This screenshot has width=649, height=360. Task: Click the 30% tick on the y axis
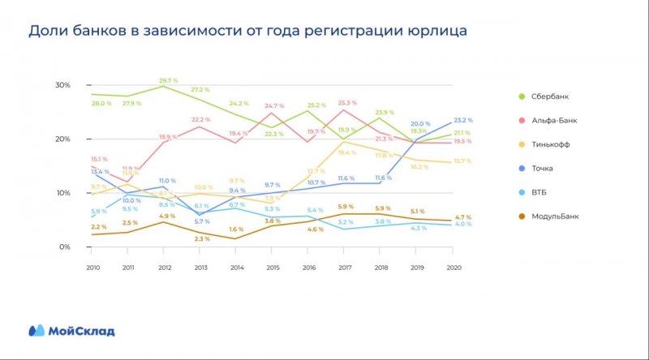63,85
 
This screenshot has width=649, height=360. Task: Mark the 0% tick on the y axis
65,246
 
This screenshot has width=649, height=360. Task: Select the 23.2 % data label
464,118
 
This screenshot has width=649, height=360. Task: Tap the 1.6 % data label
237,229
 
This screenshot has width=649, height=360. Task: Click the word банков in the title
103,31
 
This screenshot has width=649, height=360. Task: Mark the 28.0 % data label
101,104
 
